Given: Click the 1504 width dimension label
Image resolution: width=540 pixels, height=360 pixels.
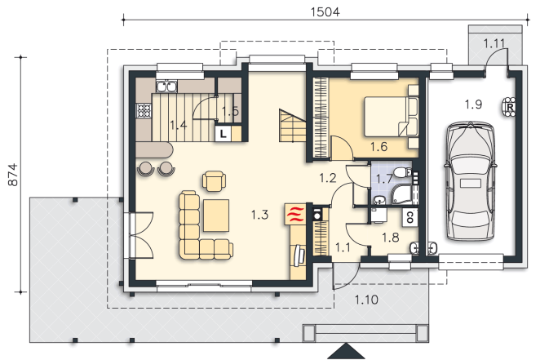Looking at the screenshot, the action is [325, 12].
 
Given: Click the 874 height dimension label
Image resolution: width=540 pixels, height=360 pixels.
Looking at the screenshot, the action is [13, 175].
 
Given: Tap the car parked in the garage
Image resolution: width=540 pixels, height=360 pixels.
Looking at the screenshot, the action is [471, 180].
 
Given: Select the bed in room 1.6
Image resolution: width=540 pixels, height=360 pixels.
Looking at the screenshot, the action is [391, 117].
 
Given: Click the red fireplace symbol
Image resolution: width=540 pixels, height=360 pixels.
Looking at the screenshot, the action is [295, 214].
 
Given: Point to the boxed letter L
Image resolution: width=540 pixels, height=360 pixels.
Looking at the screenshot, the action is [224, 134].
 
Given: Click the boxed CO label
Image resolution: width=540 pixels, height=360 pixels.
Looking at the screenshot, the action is [409, 218].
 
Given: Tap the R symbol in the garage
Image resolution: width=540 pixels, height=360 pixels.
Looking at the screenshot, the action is [509, 108].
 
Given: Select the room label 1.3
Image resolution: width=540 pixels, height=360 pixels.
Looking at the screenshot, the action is [259, 215].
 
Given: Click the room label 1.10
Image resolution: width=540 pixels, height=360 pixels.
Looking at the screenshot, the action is [366, 300].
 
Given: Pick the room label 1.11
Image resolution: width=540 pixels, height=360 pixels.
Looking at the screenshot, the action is [494, 44].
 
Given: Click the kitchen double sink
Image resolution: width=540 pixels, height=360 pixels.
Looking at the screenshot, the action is [166, 87].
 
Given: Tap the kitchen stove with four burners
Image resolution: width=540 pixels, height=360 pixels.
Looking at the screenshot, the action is [144, 111].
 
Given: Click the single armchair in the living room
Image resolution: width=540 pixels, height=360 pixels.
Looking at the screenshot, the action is [215, 181].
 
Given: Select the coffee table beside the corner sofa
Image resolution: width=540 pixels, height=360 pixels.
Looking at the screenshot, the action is [216, 216].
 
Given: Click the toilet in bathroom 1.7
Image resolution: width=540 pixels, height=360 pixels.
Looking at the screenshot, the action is [402, 173].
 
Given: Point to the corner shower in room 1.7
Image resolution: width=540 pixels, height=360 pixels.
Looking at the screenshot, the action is [401, 194].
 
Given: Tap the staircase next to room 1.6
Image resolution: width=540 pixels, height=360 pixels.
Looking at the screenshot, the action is [292, 126].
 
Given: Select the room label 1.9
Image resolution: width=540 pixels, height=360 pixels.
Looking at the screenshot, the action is [473, 104].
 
